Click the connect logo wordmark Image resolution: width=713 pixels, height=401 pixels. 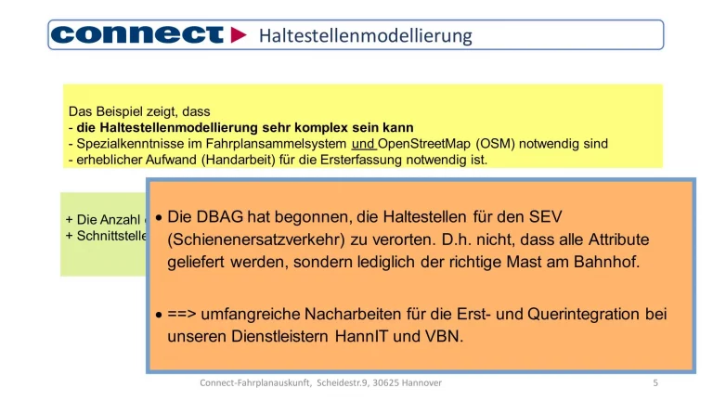point(137,35)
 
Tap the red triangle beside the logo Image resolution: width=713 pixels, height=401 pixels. point(239,35)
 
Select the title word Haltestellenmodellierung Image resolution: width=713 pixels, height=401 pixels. point(365,35)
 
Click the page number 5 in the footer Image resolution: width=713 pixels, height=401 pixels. point(655,382)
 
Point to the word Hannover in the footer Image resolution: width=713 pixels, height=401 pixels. point(418,382)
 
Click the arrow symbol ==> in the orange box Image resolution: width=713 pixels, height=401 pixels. point(184,315)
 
